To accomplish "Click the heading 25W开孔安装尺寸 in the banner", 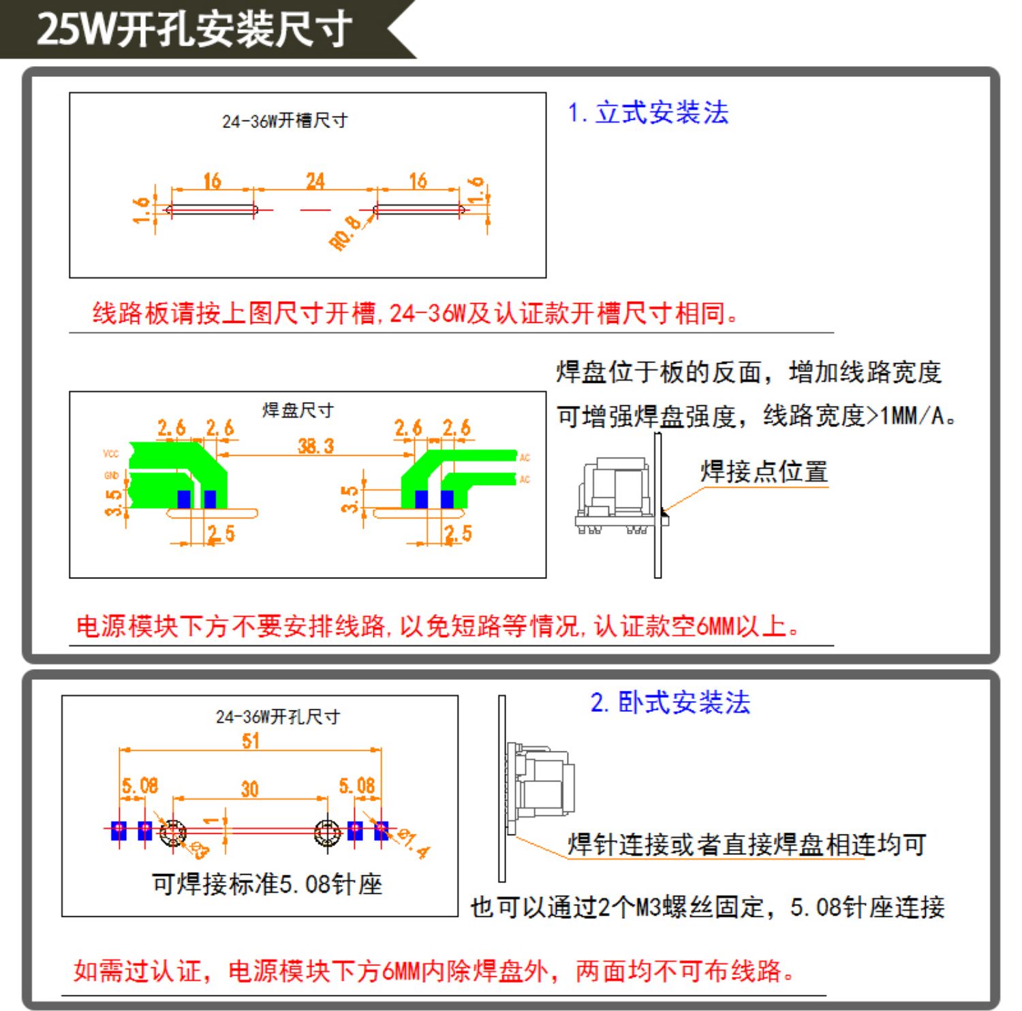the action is point(194,29).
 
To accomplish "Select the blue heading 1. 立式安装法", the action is point(648,112).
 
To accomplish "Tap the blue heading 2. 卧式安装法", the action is point(670,702).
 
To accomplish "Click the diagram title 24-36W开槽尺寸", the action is point(285,121).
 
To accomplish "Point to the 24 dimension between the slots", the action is point(315,181).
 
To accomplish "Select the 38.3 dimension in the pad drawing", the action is point(315,446).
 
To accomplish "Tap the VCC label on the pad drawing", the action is point(111,454).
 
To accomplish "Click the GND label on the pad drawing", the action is point(111,476).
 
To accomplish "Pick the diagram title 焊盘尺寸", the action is point(298,410).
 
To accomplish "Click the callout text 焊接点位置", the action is point(764,471).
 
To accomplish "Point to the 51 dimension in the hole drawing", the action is point(251,741).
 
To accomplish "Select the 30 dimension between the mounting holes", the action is point(249,789).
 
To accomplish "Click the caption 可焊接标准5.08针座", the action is point(267,884).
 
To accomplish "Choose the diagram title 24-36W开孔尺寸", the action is point(278,717).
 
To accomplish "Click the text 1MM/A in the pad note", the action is point(913,416).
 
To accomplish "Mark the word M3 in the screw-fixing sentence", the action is point(647,907).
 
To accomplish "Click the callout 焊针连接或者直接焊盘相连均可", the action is point(747,845).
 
